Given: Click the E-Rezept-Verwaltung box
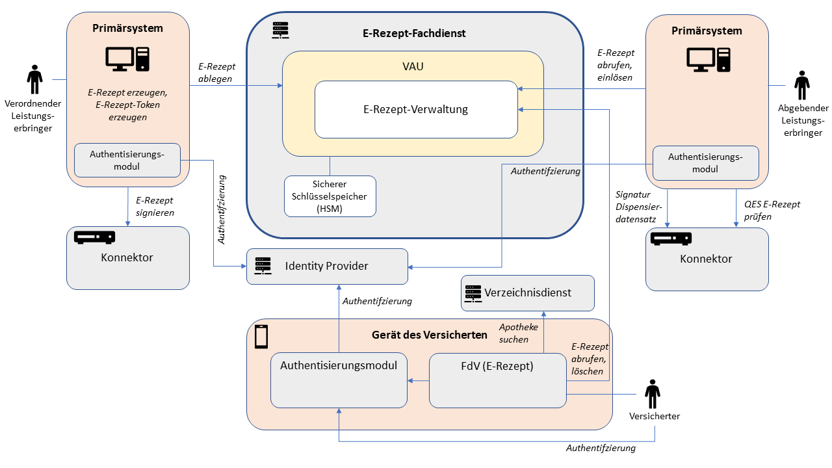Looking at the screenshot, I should click(416, 109).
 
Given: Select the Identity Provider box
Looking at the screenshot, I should click(327, 266).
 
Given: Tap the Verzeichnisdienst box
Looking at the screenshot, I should click(527, 292).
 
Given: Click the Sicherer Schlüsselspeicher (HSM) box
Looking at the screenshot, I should click(330, 196).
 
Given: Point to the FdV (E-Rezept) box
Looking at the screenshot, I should click(497, 380).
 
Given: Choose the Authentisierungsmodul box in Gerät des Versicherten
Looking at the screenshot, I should click(338, 380).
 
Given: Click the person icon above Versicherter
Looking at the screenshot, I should click(652, 394).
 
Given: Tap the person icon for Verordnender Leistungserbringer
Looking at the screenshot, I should click(34, 79).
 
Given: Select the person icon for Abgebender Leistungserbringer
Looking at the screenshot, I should click(803, 85).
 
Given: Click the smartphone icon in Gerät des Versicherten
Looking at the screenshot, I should click(261, 336).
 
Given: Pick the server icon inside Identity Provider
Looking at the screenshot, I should click(263, 266).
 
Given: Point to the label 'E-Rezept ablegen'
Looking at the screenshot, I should click(216, 72).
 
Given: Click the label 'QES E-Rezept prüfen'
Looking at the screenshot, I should click(772, 210).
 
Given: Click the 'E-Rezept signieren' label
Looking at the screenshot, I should click(155, 206).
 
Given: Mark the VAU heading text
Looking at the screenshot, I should click(413, 66).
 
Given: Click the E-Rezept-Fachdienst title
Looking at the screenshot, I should click(414, 33).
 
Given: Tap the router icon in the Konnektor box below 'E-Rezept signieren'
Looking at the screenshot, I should click(94, 237).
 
